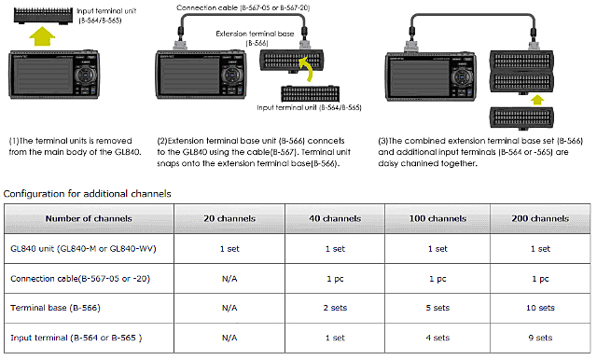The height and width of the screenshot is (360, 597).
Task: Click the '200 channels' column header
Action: tap(540, 218)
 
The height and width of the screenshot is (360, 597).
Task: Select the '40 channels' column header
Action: tap(335, 218)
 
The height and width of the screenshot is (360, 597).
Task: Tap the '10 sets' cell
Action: tap(540, 308)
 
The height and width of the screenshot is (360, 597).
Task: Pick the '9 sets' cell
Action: tap(540, 338)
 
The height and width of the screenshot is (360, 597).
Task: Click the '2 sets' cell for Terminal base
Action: tap(335, 308)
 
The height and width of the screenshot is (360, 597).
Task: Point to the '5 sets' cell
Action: tap(437, 308)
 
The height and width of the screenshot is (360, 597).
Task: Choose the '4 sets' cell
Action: tap(437, 338)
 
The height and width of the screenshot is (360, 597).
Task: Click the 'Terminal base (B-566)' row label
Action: tap(55, 308)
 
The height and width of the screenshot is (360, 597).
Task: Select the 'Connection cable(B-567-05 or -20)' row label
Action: tap(80, 279)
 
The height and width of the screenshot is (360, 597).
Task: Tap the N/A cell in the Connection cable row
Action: tap(229, 279)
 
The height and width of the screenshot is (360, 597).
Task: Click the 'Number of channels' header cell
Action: tap(89, 218)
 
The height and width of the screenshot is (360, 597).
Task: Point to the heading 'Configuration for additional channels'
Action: tap(87, 194)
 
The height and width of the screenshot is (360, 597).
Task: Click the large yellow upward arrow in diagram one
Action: tap(42, 36)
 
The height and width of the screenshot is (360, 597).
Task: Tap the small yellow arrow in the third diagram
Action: tap(537, 100)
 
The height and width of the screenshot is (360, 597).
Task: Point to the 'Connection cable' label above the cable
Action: tap(207, 7)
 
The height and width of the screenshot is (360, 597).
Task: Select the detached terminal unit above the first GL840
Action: tap(43, 16)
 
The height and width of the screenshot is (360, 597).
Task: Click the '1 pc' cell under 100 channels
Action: tap(437, 279)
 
